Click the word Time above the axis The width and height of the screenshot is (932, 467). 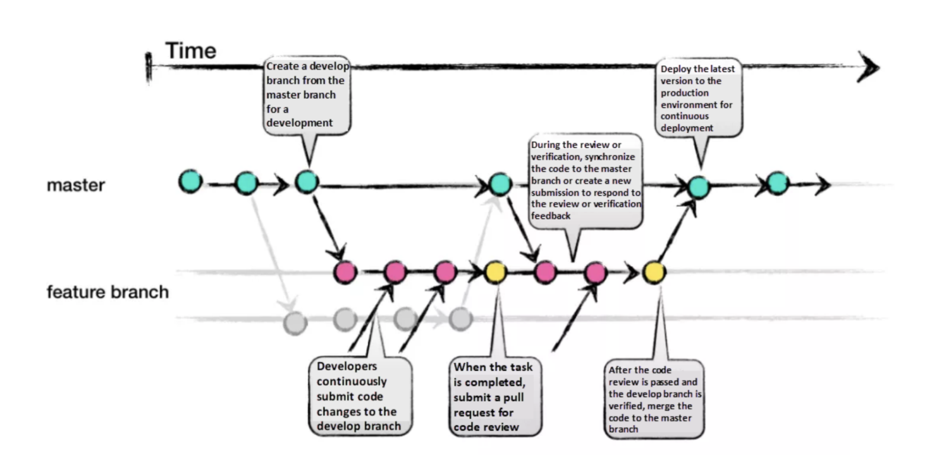tap(190, 51)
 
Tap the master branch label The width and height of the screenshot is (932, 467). tap(75, 185)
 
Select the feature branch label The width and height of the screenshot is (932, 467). tap(107, 292)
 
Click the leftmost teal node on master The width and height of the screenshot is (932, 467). tap(190, 181)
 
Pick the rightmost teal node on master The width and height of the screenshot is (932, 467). tap(777, 183)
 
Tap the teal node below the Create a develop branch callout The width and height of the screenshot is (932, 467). tap(306, 183)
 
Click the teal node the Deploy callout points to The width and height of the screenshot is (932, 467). tap(699, 186)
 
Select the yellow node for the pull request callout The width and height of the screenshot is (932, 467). tap(495, 272)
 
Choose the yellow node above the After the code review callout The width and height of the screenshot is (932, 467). tap(654, 272)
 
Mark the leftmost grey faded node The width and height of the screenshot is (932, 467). tap(294, 322)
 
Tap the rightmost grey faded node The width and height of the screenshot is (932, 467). tap(460, 319)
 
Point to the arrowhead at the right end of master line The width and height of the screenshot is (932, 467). tap(822, 184)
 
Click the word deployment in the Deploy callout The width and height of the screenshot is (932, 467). tap(687, 128)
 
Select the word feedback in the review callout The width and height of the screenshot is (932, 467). tap(551, 215)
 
